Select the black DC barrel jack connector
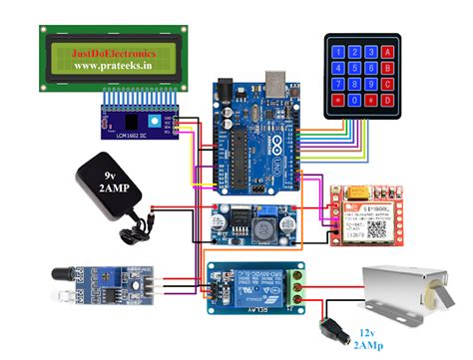(326, 328)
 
